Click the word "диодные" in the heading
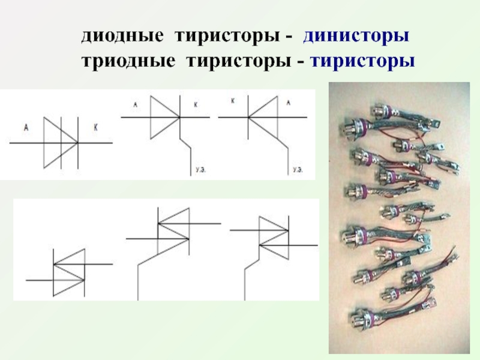[x=122, y=36]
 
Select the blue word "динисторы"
[x=356, y=36]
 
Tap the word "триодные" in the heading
[x=128, y=61]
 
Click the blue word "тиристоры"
[x=362, y=61]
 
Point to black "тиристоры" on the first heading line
[x=227, y=36]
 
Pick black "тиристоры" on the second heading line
[x=239, y=61]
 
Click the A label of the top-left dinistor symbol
[x=26, y=127]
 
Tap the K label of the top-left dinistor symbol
[x=95, y=128]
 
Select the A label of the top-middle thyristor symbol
[x=136, y=104]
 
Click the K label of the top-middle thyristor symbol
[x=196, y=104]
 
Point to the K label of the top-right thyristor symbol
[x=233, y=101]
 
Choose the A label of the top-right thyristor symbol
[x=288, y=103]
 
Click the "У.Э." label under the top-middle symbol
[x=201, y=170]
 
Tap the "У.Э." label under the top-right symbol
[x=298, y=170]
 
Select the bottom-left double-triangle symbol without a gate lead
[x=69, y=272]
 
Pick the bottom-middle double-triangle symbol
[x=173, y=239]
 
